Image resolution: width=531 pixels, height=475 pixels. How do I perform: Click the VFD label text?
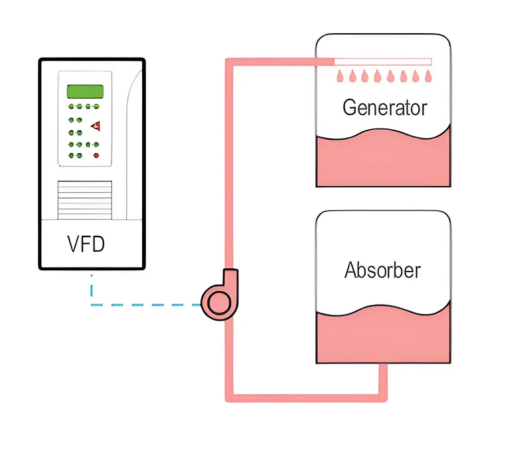(86, 244)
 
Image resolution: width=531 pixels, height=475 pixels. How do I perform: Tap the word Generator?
(385, 107)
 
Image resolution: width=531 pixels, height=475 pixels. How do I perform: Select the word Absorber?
(383, 270)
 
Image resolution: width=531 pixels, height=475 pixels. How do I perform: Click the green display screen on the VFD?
(85, 91)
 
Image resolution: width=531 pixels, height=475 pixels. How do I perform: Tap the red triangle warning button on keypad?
(96, 126)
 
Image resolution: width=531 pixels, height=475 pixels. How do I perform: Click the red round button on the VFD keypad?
(96, 156)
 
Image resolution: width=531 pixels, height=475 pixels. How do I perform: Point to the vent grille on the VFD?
(85, 200)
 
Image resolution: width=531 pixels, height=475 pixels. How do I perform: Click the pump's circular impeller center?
(219, 303)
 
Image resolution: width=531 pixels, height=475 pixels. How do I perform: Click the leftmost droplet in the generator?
(340, 76)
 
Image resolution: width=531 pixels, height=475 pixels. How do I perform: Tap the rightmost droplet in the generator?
(428, 76)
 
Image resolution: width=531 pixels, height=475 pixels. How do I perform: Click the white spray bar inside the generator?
(383, 62)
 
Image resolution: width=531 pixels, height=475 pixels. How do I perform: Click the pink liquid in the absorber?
(384, 337)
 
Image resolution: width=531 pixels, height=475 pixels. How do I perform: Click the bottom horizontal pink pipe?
(306, 398)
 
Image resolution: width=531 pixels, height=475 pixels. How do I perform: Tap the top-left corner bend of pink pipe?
(229, 62)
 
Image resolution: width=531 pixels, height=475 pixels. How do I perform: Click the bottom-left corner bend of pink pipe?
(229, 398)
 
